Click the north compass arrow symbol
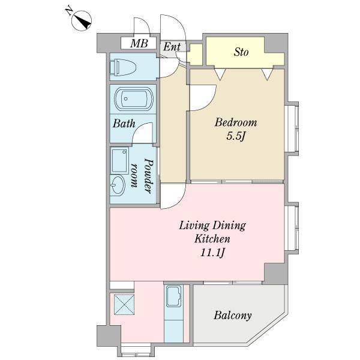[x=82, y=20]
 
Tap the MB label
[x=139, y=43]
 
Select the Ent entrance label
[x=172, y=47]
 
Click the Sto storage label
[x=241, y=52]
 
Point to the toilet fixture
[x=123, y=67]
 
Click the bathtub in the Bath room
[x=134, y=99]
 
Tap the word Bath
[x=124, y=124]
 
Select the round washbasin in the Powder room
[x=118, y=185]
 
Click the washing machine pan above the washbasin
[x=119, y=160]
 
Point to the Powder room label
[x=142, y=176]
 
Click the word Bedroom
[x=236, y=122]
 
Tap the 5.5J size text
[x=236, y=136]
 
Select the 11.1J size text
[x=212, y=253]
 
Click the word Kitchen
[x=212, y=239]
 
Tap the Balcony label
[x=233, y=315]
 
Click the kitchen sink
[x=173, y=296]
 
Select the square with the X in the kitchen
[x=124, y=304]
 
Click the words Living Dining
[x=212, y=225]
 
